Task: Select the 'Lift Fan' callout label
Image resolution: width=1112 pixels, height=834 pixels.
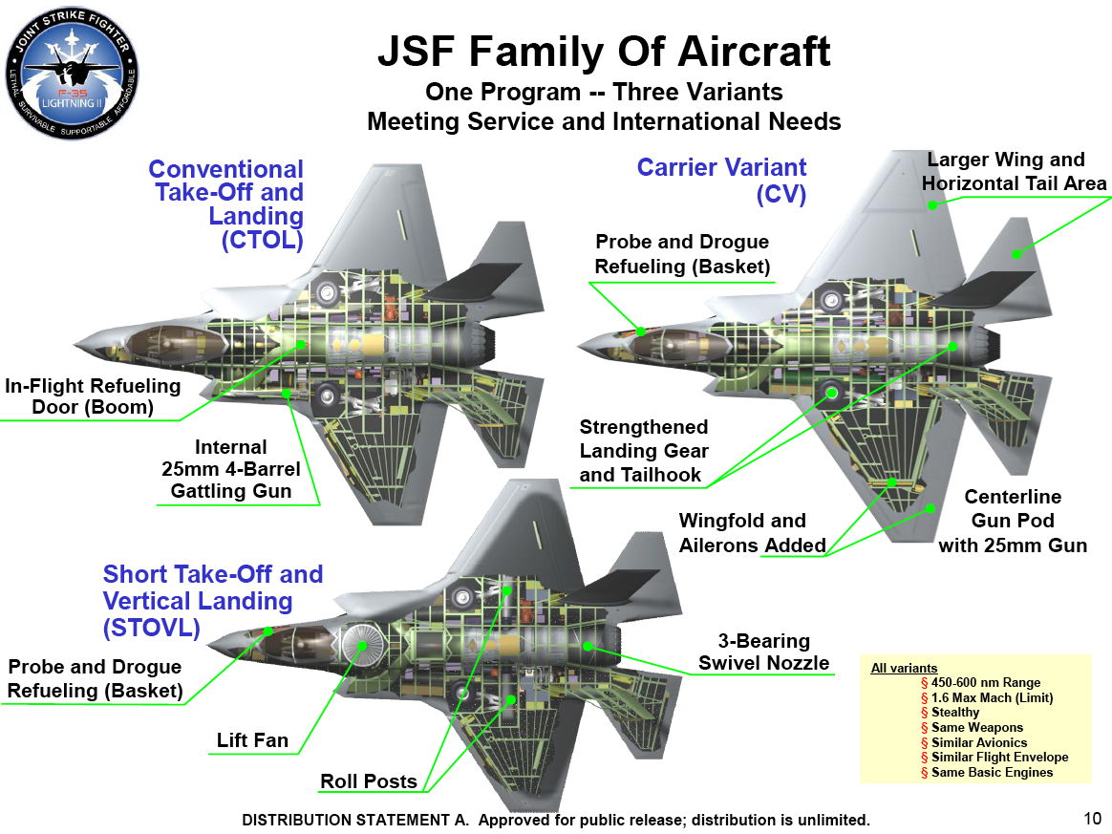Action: pyautogui.click(x=252, y=740)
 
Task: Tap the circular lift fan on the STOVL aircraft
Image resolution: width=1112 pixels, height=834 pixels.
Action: pyautogui.click(x=362, y=645)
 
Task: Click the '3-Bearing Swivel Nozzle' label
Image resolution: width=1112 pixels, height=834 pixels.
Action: pyautogui.click(x=763, y=652)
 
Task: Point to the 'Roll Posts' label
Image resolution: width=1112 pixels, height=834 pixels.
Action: pyautogui.click(x=369, y=781)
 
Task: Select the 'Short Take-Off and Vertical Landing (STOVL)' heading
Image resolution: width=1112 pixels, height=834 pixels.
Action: pyautogui.click(x=212, y=601)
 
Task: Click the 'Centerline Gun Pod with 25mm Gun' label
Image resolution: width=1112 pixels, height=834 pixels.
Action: pyautogui.click(x=1013, y=522)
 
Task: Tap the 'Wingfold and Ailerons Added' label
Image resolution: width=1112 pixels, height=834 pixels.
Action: pyautogui.click(x=752, y=533)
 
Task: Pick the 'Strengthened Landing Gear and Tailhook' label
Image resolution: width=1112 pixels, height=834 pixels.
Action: pyautogui.click(x=644, y=451)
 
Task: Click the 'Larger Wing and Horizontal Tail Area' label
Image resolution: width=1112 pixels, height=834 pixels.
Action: pyautogui.click(x=1013, y=171)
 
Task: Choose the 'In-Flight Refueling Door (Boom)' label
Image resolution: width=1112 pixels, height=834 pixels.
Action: pyautogui.click(x=93, y=396)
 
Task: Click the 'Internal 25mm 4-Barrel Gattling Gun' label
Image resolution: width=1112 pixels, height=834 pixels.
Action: pyautogui.click(x=230, y=469)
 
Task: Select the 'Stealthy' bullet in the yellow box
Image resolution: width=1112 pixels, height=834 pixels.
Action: pyautogui.click(x=954, y=713)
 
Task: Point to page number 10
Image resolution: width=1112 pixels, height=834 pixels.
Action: pyautogui.click(x=1093, y=818)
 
